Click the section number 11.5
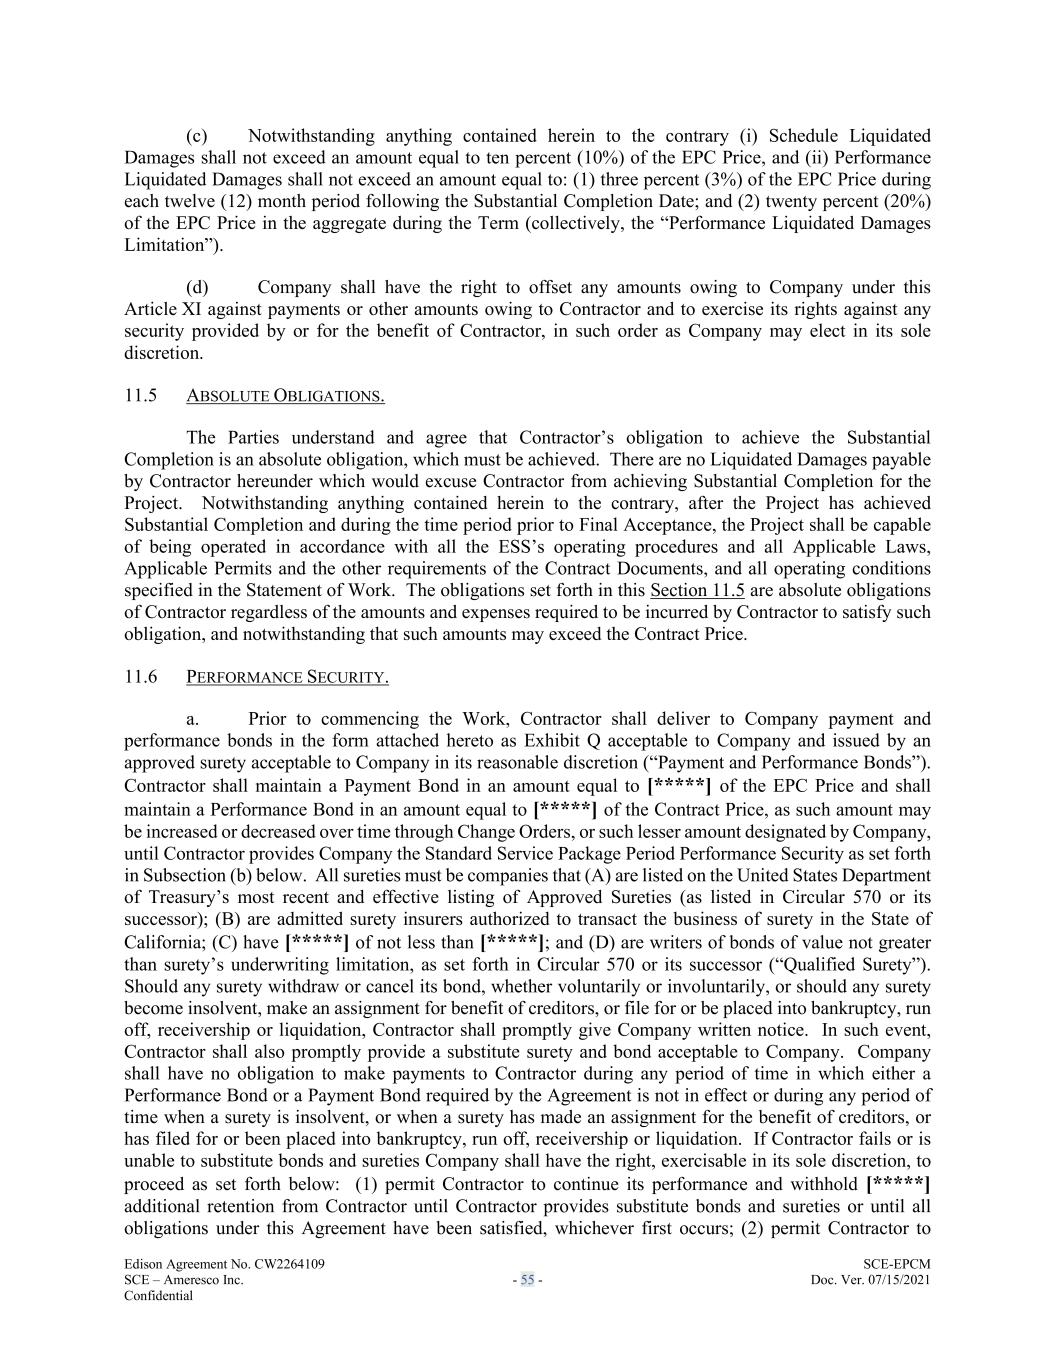(x=140, y=395)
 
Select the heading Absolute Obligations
(x=285, y=396)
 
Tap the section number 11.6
(x=140, y=677)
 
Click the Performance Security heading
(x=287, y=678)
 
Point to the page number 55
(x=527, y=1280)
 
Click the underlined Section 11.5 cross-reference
(x=697, y=590)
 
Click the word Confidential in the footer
(x=158, y=1295)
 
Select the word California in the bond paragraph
(x=163, y=942)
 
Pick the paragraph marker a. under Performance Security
(x=194, y=719)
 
